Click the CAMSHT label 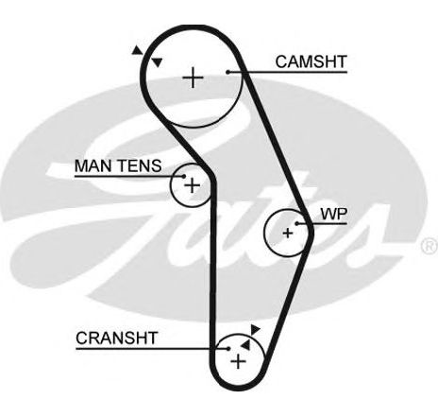pos(311,61)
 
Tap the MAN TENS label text pos(118,165)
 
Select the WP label pos(334,215)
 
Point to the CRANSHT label pos(116,339)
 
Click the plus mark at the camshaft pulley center pos(193,78)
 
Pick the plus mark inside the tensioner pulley pos(192,185)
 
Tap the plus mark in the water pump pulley pos(288,234)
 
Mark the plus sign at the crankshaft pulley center pos(238,361)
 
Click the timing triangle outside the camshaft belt pos(137,50)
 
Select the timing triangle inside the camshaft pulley pos(157,62)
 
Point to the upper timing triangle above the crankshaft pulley pos(255,329)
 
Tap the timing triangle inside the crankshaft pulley pos(245,345)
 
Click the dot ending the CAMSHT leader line pos(227,72)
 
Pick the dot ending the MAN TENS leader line pos(184,177)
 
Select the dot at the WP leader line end pos(296,223)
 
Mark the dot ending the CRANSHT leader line pos(228,349)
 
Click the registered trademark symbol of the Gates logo pos(430,246)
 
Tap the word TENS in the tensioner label pos(141,165)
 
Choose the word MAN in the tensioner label pos(94,165)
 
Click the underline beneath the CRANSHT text pos(152,349)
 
